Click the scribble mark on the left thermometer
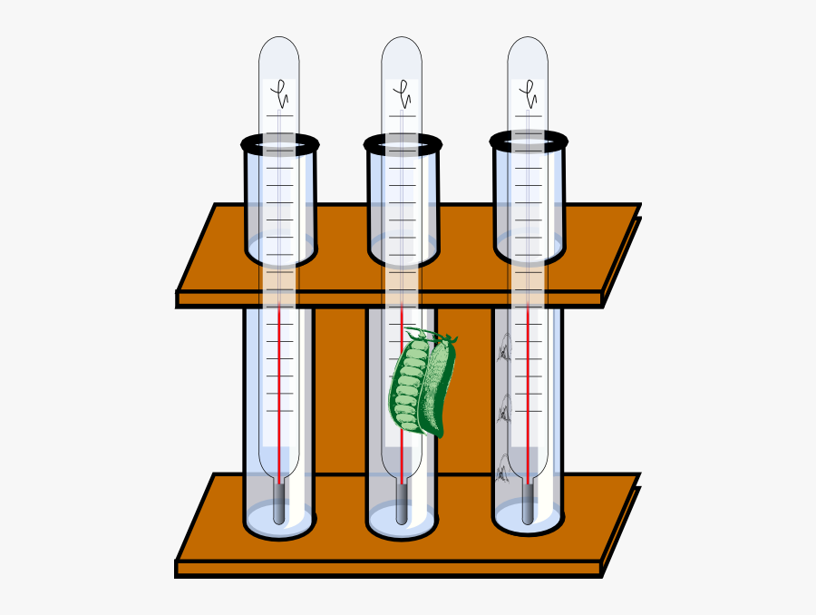pyautogui.click(x=281, y=92)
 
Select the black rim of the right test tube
pyautogui.click(x=529, y=142)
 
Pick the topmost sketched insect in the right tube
pyautogui.click(x=503, y=349)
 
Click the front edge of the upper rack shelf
pyautogui.click(x=390, y=298)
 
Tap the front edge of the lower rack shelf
pyautogui.click(x=390, y=569)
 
